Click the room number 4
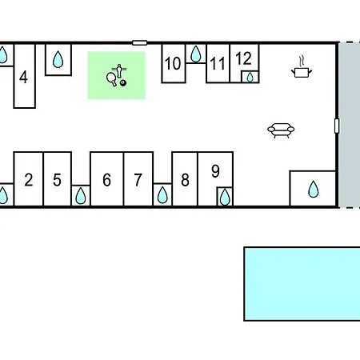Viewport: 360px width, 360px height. point(23,78)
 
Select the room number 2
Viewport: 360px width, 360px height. point(29,180)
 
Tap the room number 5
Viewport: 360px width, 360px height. point(57,180)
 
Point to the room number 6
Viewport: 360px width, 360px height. point(106,180)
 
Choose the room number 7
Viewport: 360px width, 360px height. point(138,180)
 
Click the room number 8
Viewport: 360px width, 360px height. point(185,180)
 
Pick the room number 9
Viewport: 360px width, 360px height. point(215,171)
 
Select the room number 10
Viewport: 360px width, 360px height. point(173,63)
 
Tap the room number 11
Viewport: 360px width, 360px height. point(218,64)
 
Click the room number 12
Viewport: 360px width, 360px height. point(244,58)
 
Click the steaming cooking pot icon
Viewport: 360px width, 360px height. point(302,67)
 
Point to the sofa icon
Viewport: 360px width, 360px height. point(281,130)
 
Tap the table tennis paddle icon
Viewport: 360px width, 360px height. point(111,79)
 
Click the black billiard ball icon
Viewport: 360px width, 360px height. point(123,83)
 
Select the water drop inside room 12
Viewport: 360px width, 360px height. point(250,78)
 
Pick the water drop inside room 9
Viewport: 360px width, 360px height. point(225,197)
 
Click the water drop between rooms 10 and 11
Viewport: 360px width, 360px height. point(196,54)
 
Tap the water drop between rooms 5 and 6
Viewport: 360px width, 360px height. point(81,196)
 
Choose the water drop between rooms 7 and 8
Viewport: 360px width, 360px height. point(162,195)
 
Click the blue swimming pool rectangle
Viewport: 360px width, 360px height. point(302,284)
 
